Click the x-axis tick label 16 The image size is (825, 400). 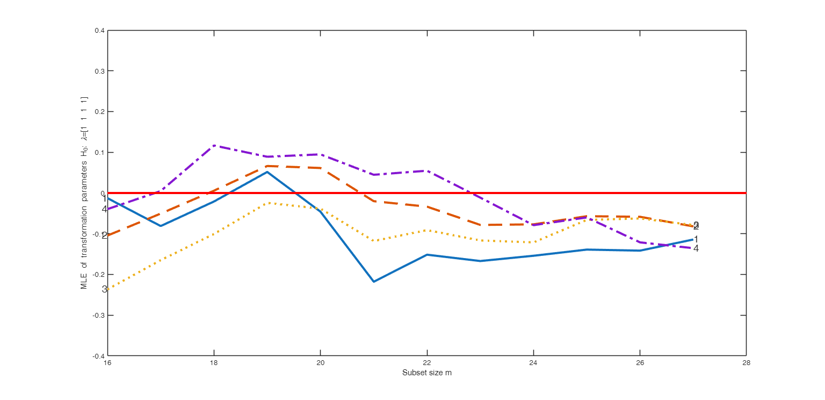pos(107,363)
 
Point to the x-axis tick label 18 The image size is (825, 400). pos(214,363)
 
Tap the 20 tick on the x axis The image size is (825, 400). pos(320,363)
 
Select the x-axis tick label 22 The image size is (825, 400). pos(426,363)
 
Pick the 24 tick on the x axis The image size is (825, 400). pos(533,363)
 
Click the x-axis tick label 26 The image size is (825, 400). pos(639,363)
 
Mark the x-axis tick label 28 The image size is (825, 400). pos(746,363)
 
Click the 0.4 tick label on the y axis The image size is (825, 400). pos(99,31)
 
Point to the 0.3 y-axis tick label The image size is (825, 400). pos(99,71)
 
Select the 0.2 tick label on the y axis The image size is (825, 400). pos(99,112)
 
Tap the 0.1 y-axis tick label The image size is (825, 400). pos(99,153)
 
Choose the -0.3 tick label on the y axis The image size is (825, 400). pos(98,315)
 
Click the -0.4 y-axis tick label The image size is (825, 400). pos(98,355)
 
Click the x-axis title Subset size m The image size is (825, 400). pos(426,373)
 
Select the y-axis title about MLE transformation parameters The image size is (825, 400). pos(84,193)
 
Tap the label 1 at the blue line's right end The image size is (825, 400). pos(696,239)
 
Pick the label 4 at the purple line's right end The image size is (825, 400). pos(696,248)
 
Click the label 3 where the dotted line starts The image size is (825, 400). pos(104,289)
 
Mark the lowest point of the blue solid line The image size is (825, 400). pos(373,282)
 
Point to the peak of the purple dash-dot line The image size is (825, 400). pos(214,146)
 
